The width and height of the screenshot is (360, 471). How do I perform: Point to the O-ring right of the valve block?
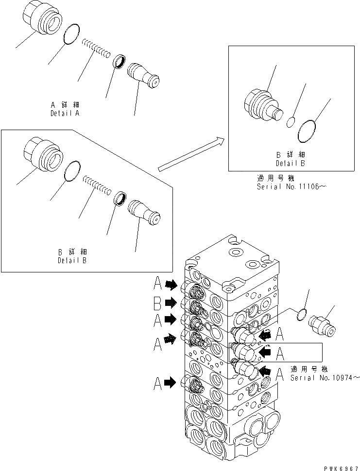coord(301,315)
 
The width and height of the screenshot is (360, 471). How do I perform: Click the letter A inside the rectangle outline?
coord(280,353)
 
